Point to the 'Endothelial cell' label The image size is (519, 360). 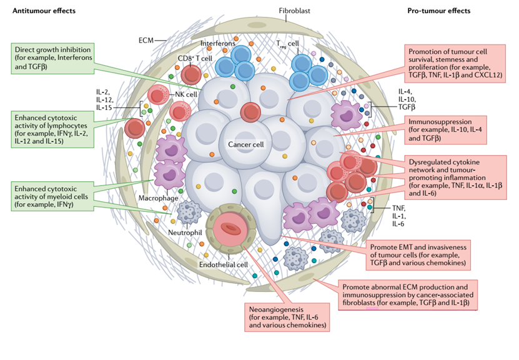click(x=223, y=264)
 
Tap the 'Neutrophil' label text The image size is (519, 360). click(x=185, y=232)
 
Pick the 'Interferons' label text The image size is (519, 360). click(x=218, y=43)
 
